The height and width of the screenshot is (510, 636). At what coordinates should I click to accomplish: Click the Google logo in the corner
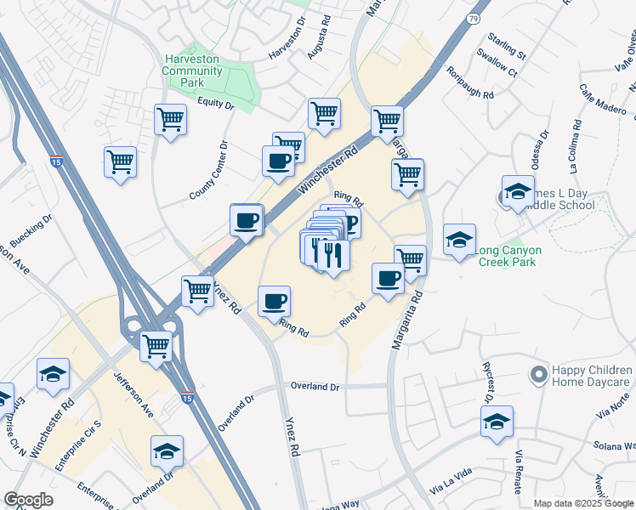pyautogui.click(x=27, y=501)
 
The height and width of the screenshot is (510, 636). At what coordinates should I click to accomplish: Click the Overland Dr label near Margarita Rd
pyautogui.click(x=315, y=387)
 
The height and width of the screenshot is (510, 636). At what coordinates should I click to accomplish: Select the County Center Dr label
pyautogui.click(x=209, y=171)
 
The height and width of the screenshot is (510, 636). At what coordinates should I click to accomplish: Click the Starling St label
pyautogui.click(x=506, y=46)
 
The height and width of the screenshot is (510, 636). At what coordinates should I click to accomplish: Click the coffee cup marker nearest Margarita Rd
pyautogui.click(x=389, y=279)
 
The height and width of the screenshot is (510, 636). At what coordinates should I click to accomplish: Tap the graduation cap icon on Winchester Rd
pyautogui.click(x=53, y=374)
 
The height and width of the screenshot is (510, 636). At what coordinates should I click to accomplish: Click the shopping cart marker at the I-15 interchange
pyautogui.click(x=156, y=346)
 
